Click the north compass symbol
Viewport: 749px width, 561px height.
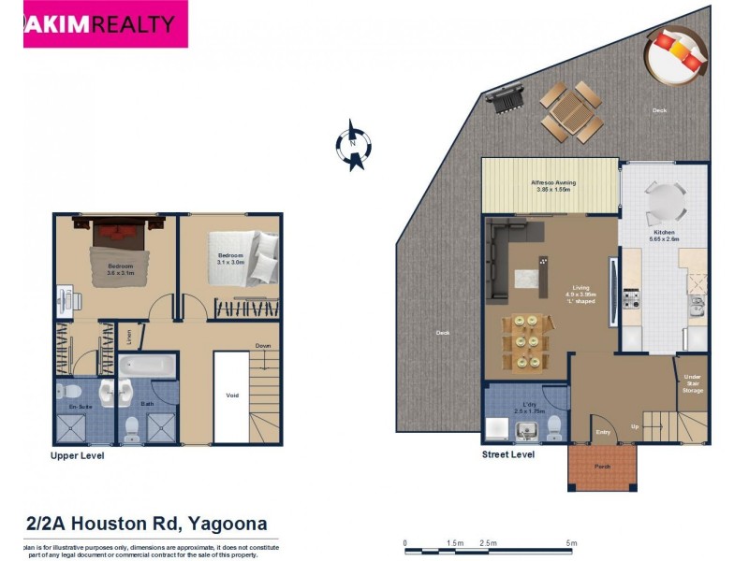[353, 145]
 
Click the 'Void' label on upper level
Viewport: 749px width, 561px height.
[232, 395]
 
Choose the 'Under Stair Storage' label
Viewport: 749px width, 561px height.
[692, 382]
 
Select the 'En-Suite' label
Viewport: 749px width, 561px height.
[80, 408]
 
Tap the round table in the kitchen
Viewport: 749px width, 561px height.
[665, 199]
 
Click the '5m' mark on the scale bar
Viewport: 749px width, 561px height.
[571, 542]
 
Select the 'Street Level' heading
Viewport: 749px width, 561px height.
[507, 454]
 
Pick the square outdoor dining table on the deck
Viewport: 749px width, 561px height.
[568, 111]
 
